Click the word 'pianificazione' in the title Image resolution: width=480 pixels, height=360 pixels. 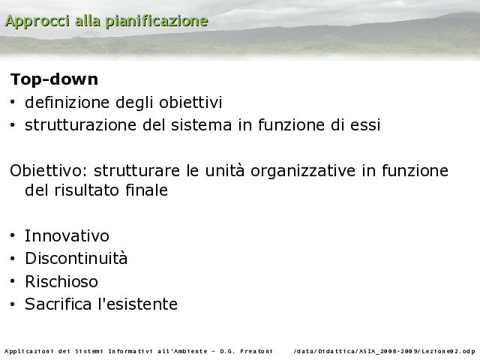[157, 22]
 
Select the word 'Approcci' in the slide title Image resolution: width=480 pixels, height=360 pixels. [37, 22]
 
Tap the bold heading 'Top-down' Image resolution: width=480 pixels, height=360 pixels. [54, 79]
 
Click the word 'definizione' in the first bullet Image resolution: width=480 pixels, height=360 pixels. [67, 102]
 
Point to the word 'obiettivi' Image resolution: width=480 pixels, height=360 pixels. [190, 102]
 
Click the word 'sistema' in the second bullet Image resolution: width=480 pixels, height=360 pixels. [201, 125]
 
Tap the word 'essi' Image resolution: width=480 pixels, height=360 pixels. [365, 125]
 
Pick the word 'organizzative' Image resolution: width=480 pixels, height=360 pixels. [303, 171]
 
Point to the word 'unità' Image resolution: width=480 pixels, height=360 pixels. [225, 170]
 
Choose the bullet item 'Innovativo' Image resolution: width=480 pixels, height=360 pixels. [67, 235]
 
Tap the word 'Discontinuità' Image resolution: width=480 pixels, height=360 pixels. [76, 258]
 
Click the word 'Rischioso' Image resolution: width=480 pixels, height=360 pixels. [61, 281]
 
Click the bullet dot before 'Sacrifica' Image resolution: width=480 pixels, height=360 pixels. [12, 304]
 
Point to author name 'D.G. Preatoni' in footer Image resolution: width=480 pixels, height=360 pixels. [246, 351]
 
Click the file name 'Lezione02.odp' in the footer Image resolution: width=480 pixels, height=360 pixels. [448, 351]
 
